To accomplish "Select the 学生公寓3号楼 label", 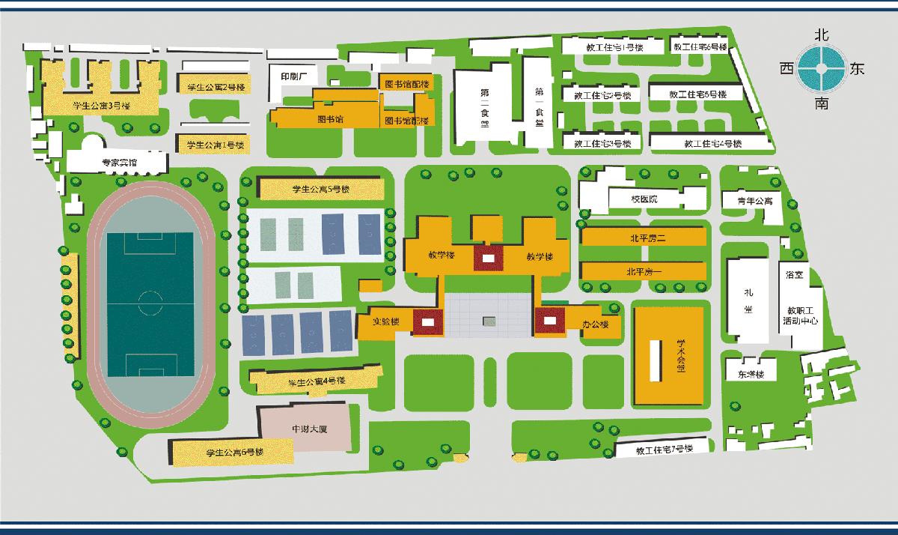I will tap(100, 106).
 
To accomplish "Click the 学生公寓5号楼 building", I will tap(320, 189).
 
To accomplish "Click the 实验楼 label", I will tap(387, 321).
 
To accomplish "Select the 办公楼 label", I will tap(591, 324).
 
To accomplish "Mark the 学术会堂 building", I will tap(670, 353).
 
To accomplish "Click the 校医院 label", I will tap(644, 199).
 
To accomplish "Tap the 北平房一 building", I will tap(643, 270).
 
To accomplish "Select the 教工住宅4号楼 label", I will tap(712, 143).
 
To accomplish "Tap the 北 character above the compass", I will tap(821, 34).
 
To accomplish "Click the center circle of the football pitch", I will tap(150, 305).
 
